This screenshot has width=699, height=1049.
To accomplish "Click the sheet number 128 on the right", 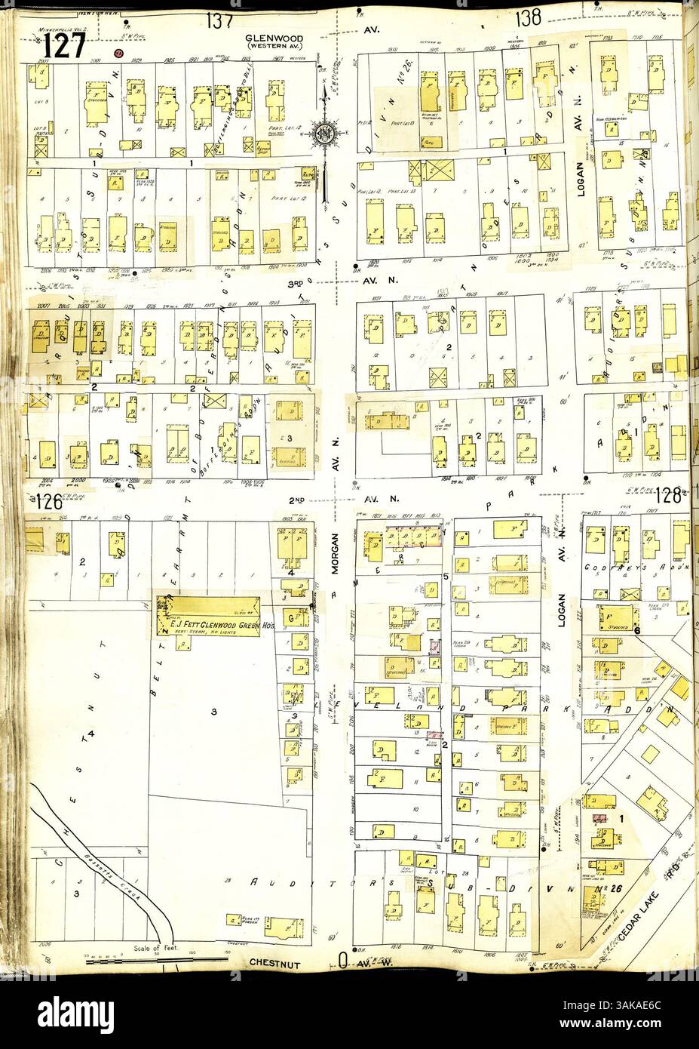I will point(669,497).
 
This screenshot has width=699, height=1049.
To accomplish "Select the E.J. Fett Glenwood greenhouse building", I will point(208,613).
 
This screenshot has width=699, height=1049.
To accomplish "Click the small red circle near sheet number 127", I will point(118,54).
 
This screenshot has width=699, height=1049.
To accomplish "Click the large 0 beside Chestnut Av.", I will point(342,961).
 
